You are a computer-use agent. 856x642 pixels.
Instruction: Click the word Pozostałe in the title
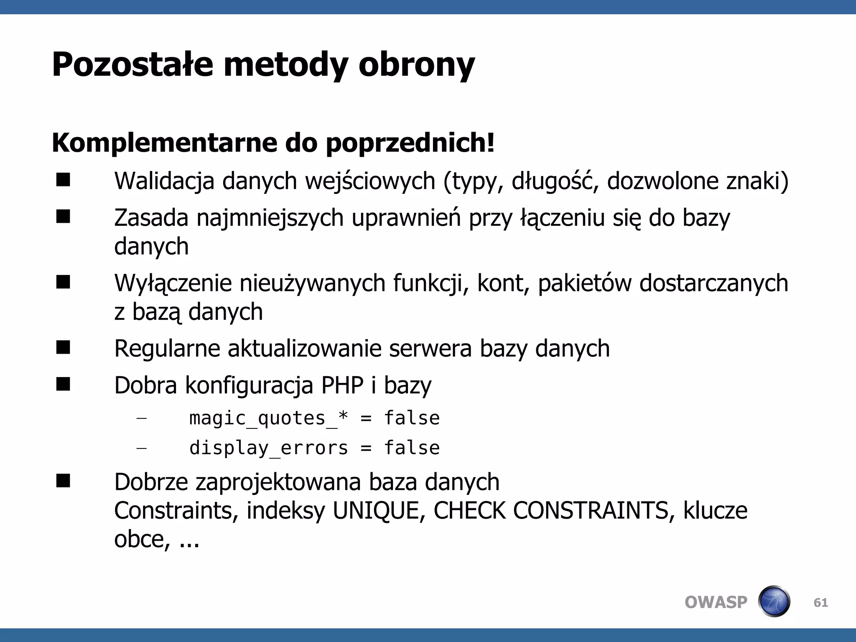(x=132, y=65)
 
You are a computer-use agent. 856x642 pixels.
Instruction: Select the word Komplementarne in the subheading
(x=164, y=143)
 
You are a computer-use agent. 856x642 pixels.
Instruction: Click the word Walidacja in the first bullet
(x=164, y=181)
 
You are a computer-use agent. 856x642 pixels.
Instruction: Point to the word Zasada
(x=151, y=218)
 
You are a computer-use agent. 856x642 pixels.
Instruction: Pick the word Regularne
(x=167, y=349)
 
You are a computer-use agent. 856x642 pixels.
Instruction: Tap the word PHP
(x=342, y=385)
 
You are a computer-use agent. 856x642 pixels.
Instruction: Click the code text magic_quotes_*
(x=268, y=418)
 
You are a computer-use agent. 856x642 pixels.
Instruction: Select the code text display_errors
(x=268, y=448)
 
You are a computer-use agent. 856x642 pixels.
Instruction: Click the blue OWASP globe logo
(x=774, y=601)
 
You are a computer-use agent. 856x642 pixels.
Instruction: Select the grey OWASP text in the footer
(x=716, y=602)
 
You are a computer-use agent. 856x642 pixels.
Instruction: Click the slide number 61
(x=820, y=602)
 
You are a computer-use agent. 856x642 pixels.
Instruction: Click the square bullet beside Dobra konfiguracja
(x=63, y=384)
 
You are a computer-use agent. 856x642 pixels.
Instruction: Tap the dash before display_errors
(x=142, y=448)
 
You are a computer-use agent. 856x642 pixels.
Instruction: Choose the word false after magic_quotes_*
(x=412, y=418)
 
